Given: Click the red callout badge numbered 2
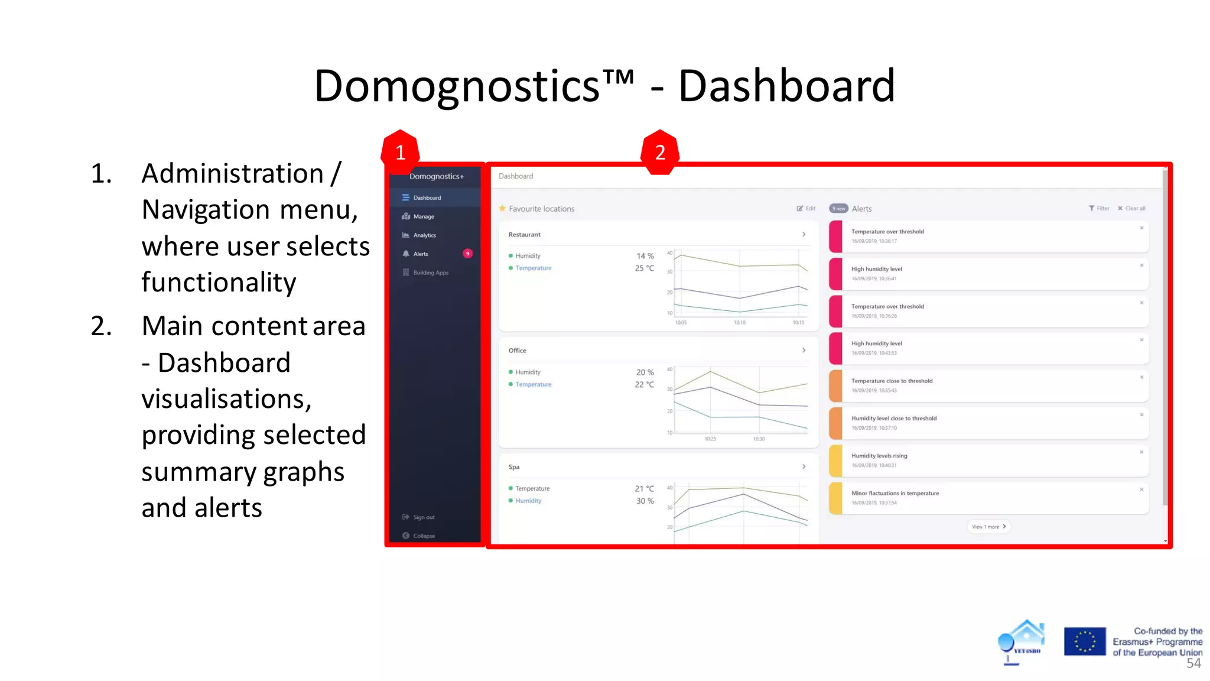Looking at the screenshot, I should (x=660, y=152).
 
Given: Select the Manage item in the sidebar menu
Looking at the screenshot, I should (x=423, y=216).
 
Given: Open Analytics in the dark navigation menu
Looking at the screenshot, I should (x=424, y=235).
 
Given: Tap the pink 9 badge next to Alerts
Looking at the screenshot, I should (x=467, y=254).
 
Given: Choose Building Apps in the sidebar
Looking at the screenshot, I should (x=431, y=273).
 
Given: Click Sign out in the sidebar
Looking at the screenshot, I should (x=423, y=517).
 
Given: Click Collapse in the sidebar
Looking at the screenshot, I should (x=423, y=536).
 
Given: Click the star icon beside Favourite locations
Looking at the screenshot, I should (x=502, y=209).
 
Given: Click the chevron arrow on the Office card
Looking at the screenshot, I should (x=804, y=351).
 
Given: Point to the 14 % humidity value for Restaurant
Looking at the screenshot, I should (x=645, y=256).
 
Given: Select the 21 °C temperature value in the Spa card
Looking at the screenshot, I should (x=644, y=489).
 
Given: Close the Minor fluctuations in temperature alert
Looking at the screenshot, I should (x=1141, y=489).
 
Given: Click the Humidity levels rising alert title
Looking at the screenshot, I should (x=879, y=456).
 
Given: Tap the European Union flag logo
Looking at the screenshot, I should (x=1084, y=641).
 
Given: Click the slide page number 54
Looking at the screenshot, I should (x=1193, y=664).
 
